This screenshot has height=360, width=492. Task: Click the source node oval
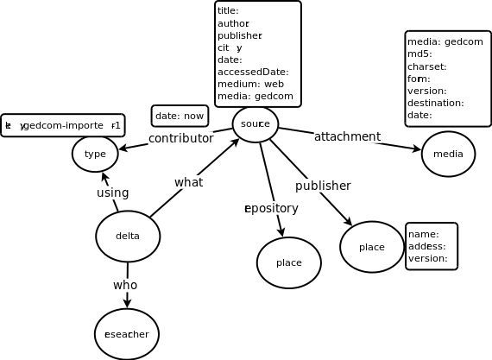(x=255, y=124)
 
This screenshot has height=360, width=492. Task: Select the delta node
(x=128, y=237)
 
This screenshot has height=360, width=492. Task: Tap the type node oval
(x=95, y=154)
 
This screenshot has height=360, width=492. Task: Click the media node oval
(x=448, y=154)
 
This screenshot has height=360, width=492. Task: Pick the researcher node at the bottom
(x=127, y=334)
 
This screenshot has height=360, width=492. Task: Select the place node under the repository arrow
(x=288, y=262)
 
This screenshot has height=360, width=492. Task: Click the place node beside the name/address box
(x=371, y=247)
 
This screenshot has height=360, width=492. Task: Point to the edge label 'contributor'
(x=180, y=138)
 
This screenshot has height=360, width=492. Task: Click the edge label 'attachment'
(x=347, y=136)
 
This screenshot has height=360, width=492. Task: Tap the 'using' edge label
(x=112, y=193)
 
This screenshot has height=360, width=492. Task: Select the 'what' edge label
(x=188, y=182)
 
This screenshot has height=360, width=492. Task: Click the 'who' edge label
(x=125, y=285)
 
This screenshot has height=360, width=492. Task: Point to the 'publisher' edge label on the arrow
(x=323, y=186)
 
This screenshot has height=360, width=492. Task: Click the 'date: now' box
(x=180, y=116)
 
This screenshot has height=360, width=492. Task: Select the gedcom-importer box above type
(x=62, y=125)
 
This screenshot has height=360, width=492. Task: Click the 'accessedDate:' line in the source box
(x=253, y=72)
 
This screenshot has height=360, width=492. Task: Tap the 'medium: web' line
(x=250, y=84)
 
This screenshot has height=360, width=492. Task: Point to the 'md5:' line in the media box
(x=419, y=54)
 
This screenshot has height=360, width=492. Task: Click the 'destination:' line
(x=435, y=103)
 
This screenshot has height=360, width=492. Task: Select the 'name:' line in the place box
(x=423, y=234)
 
